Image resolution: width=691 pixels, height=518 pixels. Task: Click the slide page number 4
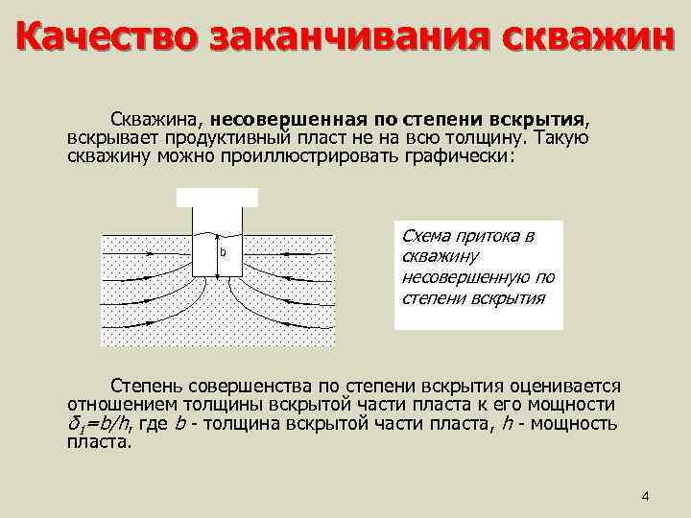645,496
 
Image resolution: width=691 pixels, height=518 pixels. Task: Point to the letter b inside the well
223,252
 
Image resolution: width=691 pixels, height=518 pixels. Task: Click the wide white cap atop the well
218,197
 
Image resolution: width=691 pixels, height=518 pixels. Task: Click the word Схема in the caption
424,235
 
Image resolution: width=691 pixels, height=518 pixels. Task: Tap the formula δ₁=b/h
101,425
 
